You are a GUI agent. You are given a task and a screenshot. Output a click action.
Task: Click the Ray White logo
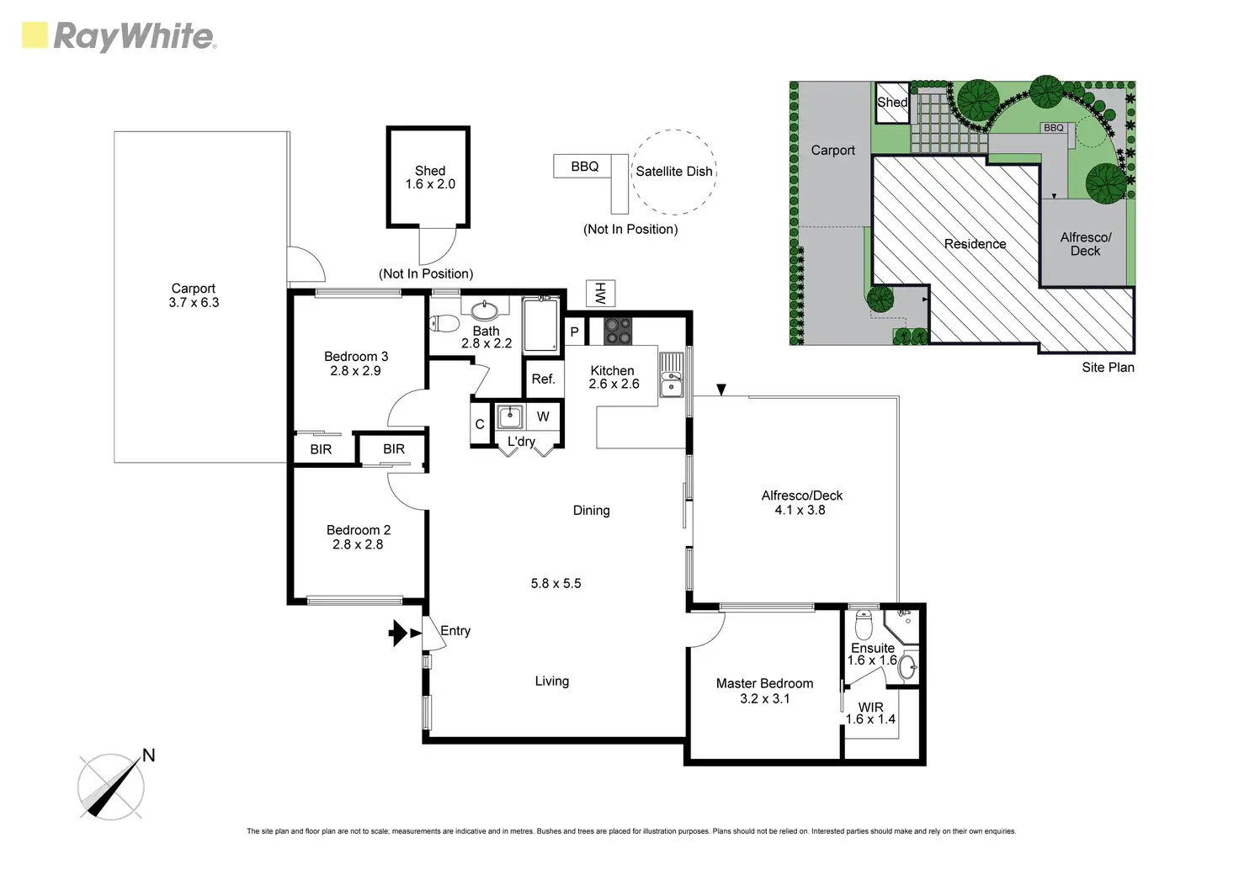(x=119, y=36)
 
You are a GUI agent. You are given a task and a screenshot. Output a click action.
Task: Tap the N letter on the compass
(x=149, y=756)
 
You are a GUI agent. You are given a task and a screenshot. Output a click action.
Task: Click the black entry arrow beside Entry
(x=398, y=633)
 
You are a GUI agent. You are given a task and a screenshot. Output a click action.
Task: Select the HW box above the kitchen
(x=601, y=293)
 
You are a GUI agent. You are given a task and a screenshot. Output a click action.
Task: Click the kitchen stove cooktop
(x=618, y=331)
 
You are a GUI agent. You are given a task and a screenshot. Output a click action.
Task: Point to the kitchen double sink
(x=672, y=374)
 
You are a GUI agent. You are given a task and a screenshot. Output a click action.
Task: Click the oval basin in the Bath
(x=484, y=310)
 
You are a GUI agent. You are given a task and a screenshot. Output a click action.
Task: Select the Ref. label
(x=543, y=379)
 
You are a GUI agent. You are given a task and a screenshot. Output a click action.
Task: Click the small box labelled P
(x=574, y=332)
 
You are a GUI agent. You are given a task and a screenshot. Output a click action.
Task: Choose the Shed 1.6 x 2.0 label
(x=430, y=178)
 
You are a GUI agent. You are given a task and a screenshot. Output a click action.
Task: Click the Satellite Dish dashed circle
(x=673, y=172)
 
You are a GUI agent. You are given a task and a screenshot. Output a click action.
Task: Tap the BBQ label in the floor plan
(x=584, y=167)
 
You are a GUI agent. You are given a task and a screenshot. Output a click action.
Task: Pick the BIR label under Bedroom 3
(x=321, y=449)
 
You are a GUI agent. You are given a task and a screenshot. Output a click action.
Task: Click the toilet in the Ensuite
(x=864, y=626)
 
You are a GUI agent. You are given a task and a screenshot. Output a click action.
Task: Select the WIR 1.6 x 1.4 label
(x=870, y=713)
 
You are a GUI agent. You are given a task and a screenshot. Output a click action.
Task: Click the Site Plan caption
(x=1108, y=368)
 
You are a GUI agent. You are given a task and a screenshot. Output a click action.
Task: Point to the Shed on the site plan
(x=892, y=103)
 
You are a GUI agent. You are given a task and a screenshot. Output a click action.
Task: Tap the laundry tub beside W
(x=510, y=416)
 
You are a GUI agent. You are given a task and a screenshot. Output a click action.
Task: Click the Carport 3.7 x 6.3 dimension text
(x=194, y=303)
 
